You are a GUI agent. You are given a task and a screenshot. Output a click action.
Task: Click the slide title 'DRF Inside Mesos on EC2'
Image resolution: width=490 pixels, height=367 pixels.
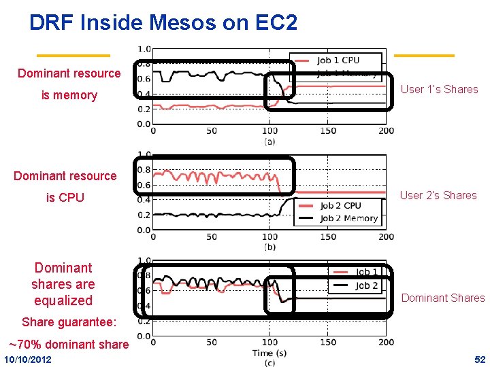tap(163, 23)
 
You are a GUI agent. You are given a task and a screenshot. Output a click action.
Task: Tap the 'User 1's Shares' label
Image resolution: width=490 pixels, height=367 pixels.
tap(439, 89)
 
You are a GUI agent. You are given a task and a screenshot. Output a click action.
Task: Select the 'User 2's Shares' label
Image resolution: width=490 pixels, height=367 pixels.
tap(438, 195)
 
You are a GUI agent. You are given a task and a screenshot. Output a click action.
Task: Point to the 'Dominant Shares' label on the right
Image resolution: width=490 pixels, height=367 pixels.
tap(443, 298)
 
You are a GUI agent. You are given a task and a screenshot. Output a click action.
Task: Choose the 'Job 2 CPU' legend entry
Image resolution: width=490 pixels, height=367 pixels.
tap(340, 205)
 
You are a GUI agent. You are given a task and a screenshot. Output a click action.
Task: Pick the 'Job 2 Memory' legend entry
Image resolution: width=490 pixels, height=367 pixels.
tap(348, 218)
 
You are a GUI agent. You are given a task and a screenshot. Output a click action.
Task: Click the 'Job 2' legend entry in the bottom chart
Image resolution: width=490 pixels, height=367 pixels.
tap(366, 285)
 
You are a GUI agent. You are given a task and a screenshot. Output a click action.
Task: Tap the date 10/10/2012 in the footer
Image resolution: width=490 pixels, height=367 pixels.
tap(31, 359)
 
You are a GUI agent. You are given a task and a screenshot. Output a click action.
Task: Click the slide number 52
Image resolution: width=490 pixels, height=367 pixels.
tap(480, 359)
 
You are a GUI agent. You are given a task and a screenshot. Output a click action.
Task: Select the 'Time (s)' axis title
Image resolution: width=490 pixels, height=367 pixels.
tap(270, 353)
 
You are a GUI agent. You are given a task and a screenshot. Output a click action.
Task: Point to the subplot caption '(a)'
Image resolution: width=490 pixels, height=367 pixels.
tap(269, 141)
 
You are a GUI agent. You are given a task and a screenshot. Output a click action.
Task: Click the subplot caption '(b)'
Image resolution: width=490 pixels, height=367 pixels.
tap(269, 247)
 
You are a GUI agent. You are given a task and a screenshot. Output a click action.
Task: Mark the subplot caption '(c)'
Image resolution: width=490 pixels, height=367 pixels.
tap(269, 362)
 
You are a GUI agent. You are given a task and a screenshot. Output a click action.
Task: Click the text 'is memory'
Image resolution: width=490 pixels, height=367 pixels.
tap(69, 95)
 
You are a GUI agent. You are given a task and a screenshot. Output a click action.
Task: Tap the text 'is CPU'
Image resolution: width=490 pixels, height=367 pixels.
tap(65, 198)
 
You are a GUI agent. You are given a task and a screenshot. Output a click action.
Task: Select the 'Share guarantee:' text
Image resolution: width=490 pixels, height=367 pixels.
tap(69, 321)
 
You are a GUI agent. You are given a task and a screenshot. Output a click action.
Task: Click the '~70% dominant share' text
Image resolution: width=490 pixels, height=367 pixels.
tap(68, 344)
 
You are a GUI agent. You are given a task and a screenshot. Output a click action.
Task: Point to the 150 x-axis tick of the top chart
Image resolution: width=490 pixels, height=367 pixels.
tap(328, 130)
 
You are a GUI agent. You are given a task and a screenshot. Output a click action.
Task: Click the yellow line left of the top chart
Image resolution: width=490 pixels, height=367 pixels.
tap(73, 55)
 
